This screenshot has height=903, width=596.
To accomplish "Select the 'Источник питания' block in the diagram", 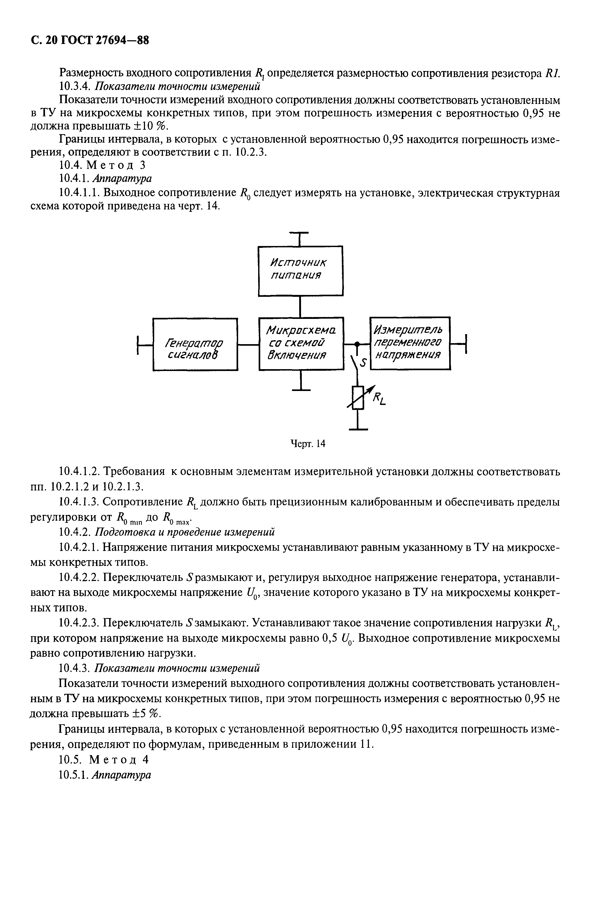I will click(x=300, y=270).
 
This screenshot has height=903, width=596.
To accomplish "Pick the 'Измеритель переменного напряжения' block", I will click(x=410, y=343).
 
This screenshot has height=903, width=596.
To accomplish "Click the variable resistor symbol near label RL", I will click(x=358, y=397).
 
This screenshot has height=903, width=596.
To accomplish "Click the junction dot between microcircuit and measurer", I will click(x=357, y=344).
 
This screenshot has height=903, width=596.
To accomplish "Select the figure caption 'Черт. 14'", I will click(x=308, y=443).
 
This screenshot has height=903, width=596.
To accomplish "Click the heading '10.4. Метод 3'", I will click(x=103, y=165).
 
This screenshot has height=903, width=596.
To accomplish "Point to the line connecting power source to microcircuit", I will click(x=300, y=306).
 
